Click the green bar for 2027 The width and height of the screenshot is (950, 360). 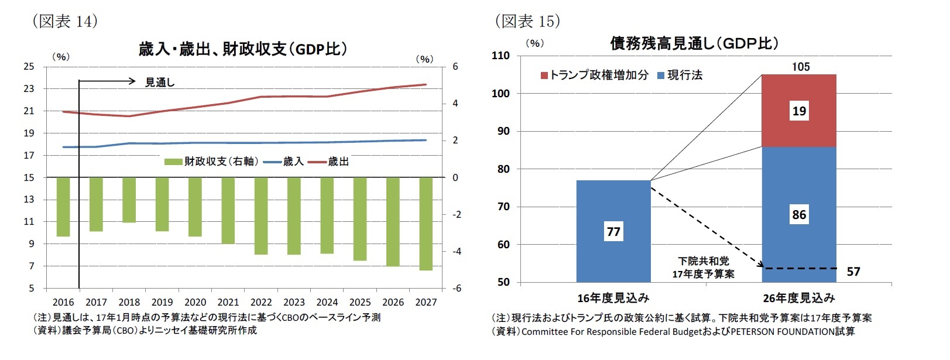[x=426, y=224]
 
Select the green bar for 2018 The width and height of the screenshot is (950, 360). [x=129, y=200]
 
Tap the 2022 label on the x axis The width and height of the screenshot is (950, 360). [x=261, y=302]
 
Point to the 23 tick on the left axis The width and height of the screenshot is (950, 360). [x=29, y=89]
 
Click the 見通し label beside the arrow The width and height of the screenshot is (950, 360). [x=160, y=83]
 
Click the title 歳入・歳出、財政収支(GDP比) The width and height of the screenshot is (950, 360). [x=242, y=49]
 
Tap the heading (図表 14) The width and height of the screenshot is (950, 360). [x=64, y=21]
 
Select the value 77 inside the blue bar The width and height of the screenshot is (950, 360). [x=613, y=232]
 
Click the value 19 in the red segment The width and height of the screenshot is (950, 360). [x=799, y=111]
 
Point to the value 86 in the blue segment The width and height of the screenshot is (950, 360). [x=799, y=215]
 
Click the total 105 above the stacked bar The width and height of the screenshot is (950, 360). [x=800, y=67]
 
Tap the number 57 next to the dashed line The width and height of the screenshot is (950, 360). [x=853, y=272]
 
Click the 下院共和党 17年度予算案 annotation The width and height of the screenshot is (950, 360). [x=703, y=268]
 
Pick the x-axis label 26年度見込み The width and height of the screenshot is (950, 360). [x=798, y=298]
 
